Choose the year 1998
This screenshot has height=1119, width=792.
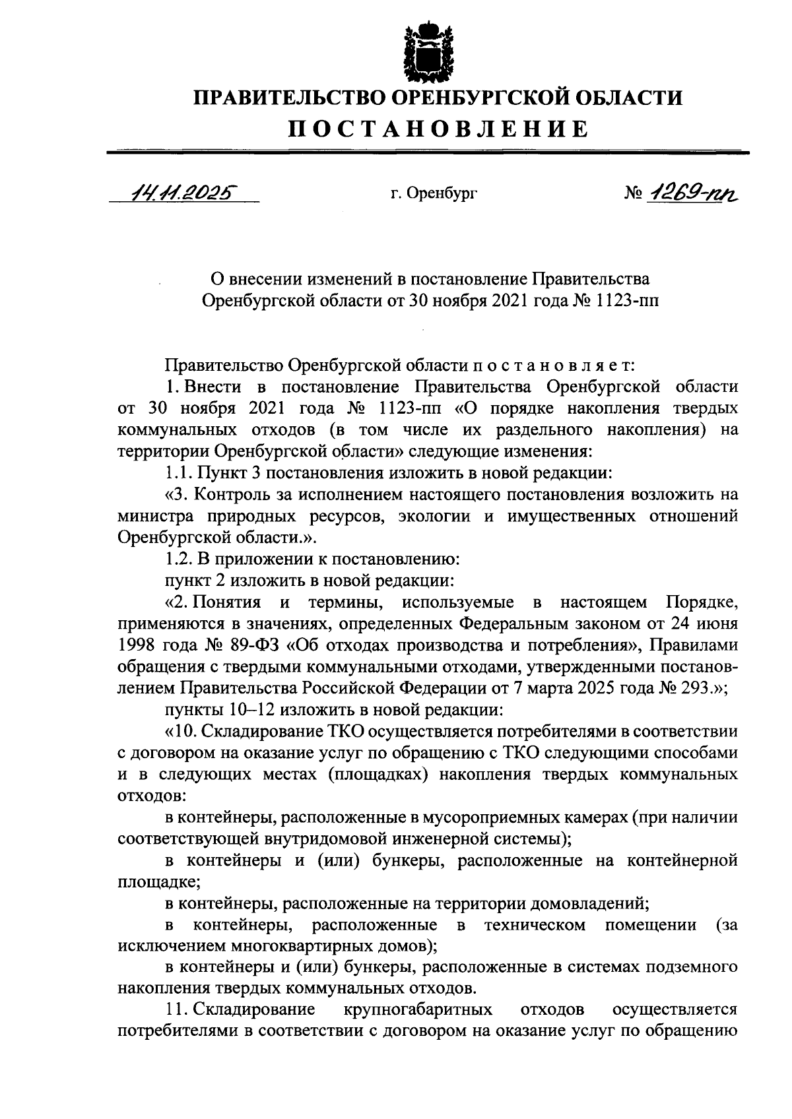(135, 644)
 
